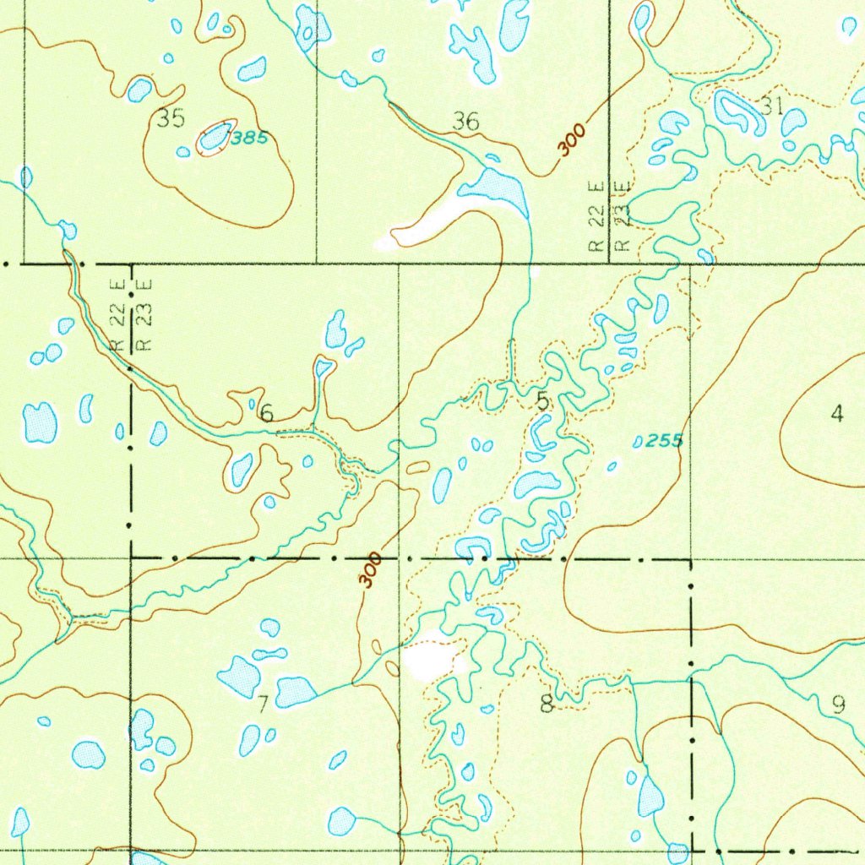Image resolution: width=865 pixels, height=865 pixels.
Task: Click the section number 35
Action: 171,118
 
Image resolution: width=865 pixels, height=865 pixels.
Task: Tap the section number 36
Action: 465,122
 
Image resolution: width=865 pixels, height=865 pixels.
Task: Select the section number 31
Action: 770,106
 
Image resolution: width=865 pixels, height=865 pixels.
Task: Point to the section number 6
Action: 266,413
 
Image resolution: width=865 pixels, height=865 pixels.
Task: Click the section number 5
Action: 542,402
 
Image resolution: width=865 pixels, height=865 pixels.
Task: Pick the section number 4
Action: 836,413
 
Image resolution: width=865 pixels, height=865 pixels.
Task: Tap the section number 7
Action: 263,705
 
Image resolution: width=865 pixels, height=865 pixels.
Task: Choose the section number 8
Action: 547,703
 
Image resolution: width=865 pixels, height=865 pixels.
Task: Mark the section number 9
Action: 838,704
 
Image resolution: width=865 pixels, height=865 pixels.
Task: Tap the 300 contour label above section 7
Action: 369,571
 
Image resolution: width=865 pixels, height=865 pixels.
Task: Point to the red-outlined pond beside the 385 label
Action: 215,136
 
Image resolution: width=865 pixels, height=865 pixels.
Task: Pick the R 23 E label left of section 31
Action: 623,215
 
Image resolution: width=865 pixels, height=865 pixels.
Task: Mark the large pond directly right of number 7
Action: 295,692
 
